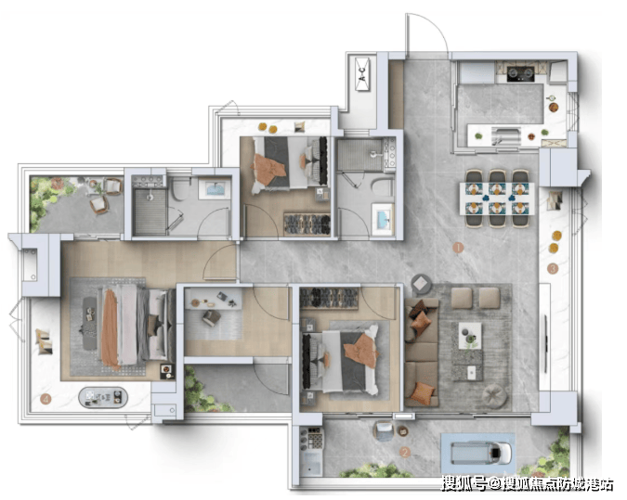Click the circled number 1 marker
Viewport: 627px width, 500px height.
click(x=458, y=248)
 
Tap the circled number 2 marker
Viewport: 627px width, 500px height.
click(x=405, y=453)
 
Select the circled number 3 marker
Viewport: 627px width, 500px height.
click(x=553, y=269)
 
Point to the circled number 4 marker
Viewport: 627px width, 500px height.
click(x=46, y=399)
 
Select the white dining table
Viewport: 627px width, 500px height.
click(x=497, y=199)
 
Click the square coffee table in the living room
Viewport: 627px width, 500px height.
click(x=469, y=336)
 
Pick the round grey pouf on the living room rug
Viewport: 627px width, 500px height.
click(x=495, y=395)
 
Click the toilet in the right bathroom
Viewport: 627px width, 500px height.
click(x=383, y=187)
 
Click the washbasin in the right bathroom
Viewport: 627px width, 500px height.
click(x=383, y=219)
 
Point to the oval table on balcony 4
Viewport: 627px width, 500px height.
click(x=103, y=397)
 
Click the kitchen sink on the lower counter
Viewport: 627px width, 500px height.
click(x=506, y=136)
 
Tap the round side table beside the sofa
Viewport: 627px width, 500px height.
click(x=421, y=284)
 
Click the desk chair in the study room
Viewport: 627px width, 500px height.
click(x=211, y=318)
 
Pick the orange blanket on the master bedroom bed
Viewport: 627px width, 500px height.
click(x=111, y=328)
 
